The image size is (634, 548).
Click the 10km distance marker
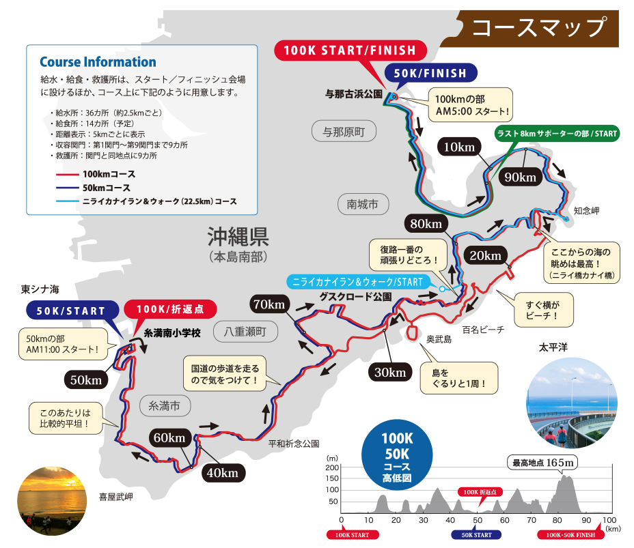(458, 147)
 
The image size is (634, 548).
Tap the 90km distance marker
(519, 177)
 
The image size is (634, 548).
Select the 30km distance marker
(390, 372)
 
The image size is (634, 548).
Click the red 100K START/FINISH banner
(349, 51)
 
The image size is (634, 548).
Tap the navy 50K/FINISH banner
(430, 73)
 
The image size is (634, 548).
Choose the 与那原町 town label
(344, 130)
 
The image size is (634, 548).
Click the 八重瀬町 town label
(245, 332)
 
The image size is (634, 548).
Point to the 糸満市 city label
(164, 405)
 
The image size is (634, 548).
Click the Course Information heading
(98, 62)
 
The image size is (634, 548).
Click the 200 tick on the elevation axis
(333, 468)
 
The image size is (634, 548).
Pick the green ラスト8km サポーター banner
(557, 133)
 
